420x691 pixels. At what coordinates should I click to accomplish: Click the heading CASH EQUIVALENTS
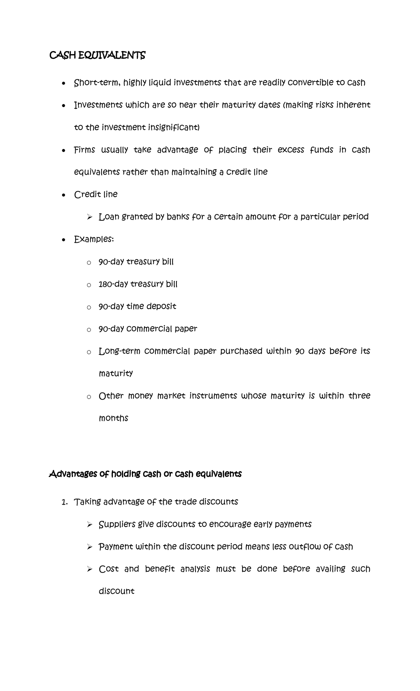tap(97, 55)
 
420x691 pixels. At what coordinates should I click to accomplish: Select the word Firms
tap(84, 150)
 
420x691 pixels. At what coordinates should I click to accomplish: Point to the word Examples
tap(93, 240)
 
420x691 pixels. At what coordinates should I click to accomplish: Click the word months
tap(113, 418)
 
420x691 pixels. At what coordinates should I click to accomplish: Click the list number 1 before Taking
tap(64, 502)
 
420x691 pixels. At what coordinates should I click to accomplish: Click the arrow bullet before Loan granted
tap(89, 218)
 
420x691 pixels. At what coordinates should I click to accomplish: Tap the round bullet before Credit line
tap(63, 195)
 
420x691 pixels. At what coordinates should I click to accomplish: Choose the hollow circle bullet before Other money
tap(89, 397)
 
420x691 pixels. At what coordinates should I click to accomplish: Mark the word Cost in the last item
tap(109, 569)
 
